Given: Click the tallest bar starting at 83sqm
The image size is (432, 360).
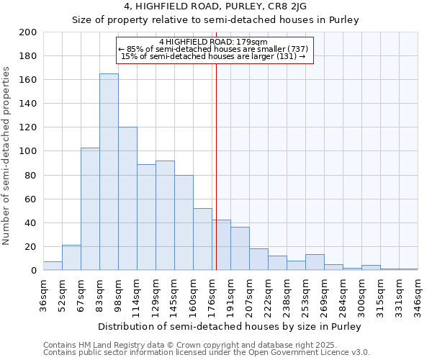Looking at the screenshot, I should click(x=109, y=172).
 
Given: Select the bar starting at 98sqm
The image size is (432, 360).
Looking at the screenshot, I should click(x=127, y=199).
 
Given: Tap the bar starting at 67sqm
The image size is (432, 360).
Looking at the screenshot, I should click(x=90, y=209).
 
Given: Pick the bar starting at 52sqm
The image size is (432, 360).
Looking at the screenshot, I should click(x=71, y=258).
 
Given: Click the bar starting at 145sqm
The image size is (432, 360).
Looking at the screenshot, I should click(x=184, y=222).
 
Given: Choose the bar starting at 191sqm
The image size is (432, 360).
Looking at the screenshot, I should click(x=240, y=249).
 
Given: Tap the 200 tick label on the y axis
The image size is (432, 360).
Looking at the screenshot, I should click(x=28, y=32).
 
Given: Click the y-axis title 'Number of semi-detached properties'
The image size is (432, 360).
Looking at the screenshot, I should click(x=7, y=156).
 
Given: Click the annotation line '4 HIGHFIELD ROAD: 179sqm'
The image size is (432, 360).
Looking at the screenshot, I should click(x=213, y=42).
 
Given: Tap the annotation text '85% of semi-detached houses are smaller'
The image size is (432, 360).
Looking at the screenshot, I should click(x=215, y=49).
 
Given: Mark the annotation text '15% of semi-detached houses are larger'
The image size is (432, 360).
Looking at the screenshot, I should click(x=214, y=56).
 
